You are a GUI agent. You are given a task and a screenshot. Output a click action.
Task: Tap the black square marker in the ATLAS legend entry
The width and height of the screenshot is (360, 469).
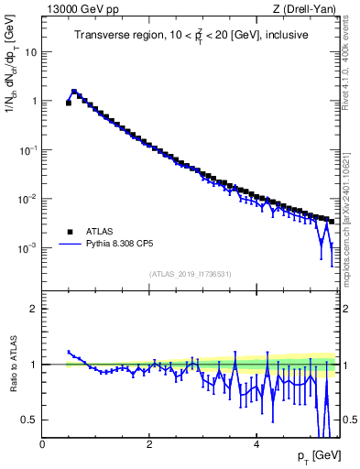(68, 233)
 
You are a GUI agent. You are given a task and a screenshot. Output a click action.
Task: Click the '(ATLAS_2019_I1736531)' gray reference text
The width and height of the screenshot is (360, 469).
(190, 274)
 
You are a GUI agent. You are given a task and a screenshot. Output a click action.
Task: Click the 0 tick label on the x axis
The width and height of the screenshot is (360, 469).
(43, 445)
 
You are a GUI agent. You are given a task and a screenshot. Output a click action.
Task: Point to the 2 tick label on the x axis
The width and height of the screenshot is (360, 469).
(149, 445)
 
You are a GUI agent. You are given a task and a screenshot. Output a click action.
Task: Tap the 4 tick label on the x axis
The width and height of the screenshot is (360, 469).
(256, 445)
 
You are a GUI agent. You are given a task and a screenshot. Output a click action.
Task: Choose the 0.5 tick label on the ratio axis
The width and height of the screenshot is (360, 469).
(30, 420)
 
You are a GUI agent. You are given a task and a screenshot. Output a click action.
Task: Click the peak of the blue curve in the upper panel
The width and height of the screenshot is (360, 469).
(74, 92)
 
